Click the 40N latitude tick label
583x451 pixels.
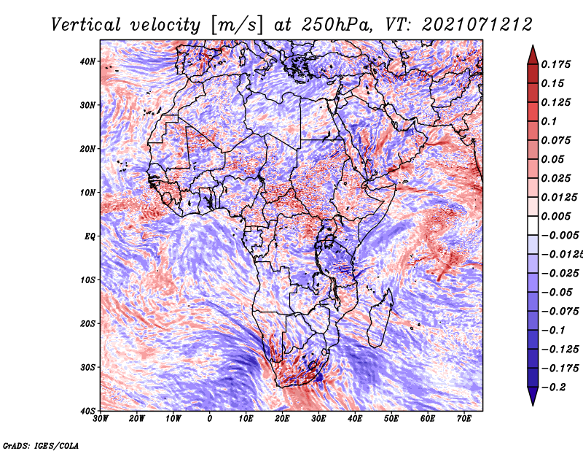point(87,61)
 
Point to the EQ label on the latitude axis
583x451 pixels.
point(90,236)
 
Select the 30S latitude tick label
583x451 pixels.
point(87,368)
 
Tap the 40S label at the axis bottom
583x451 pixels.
point(87,411)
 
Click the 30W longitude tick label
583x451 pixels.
point(101,419)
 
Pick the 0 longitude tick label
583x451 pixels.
point(210,419)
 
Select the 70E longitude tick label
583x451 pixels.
point(464,419)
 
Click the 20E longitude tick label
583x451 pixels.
point(282,419)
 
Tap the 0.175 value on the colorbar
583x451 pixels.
point(556,64)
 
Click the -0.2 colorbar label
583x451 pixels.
point(554,388)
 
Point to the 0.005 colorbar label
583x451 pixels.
point(556,216)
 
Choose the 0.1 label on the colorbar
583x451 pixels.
point(549,121)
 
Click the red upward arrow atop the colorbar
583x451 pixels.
point(533,55)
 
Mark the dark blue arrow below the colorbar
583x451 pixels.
point(533,396)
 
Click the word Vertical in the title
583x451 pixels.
point(86,25)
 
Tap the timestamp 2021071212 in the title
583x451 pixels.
point(477,25)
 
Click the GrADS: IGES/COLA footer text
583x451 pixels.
point(41,445)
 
